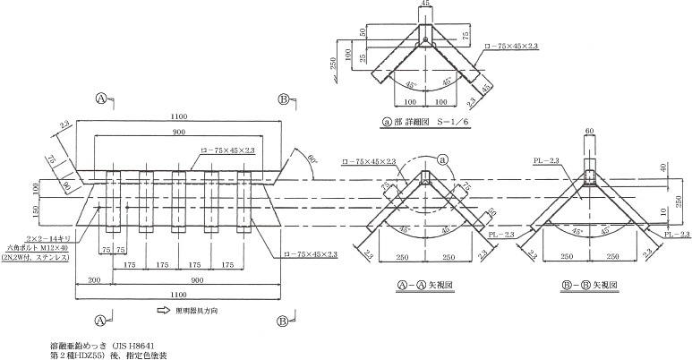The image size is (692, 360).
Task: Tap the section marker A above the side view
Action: [x=103, y=98]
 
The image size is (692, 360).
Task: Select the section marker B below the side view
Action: [x=284, y=320]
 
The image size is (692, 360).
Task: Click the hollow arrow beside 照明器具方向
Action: [x=164, y=312]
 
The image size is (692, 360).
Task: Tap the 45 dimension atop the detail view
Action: [x=424, y=4]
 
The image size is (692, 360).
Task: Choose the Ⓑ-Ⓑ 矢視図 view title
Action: [x=587, y=284]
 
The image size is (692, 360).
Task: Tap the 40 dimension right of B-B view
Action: [x=663, y=167]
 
